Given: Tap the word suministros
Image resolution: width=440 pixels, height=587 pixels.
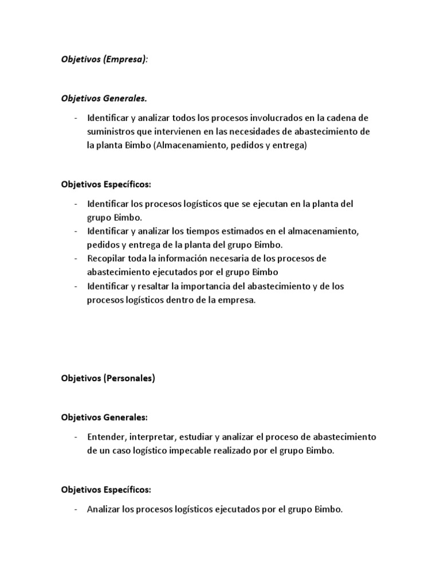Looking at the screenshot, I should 109,132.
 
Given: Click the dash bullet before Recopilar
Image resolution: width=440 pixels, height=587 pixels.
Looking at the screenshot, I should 77,259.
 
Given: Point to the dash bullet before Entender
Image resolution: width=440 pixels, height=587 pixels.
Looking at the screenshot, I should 77,437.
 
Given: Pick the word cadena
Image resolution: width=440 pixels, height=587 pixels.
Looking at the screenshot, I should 354,118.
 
